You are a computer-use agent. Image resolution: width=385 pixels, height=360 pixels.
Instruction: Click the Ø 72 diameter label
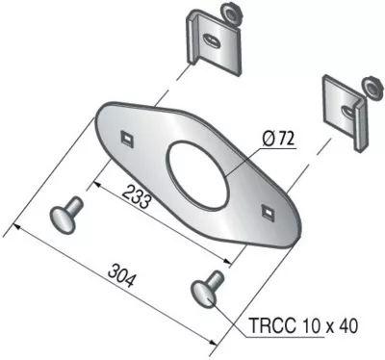[278, 139]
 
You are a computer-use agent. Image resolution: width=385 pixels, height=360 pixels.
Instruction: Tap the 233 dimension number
[137, 196]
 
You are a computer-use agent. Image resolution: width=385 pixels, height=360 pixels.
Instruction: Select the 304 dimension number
[122, 275]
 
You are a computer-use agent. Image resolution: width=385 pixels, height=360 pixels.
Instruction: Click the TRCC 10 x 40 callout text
[303, 326]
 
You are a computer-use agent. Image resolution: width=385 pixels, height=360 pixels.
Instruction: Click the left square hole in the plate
[127, 139]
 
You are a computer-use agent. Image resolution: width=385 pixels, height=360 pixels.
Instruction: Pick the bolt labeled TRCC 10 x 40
[207, 289]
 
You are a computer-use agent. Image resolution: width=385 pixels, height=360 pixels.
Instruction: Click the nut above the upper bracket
[229, 13]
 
